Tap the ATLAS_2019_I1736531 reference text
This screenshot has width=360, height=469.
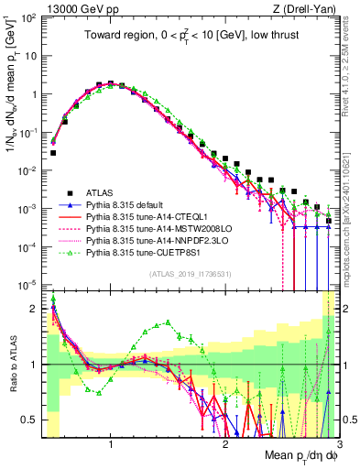(x=191, y=274)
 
